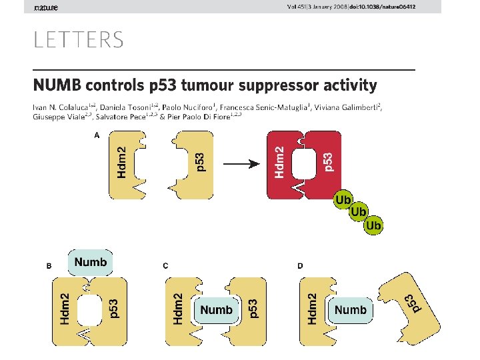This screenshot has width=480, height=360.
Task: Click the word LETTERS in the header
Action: coord(79,40)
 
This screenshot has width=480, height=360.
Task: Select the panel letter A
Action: coord(97,135)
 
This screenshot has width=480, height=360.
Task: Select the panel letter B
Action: coord(49,266)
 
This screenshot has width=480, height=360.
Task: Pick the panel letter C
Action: coord(165,266)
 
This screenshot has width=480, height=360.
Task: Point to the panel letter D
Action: coord(300,266)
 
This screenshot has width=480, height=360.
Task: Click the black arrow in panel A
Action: coord(241,164)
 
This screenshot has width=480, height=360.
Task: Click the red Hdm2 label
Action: coord(282,162)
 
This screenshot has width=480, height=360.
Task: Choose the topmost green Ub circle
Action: coord(343,199)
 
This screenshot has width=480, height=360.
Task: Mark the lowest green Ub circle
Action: coord(374,225)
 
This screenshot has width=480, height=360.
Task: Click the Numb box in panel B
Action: coord(91,262)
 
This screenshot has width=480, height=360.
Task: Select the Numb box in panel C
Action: coord(217,310)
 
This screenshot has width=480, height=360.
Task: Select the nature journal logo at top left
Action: coord(46,7)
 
